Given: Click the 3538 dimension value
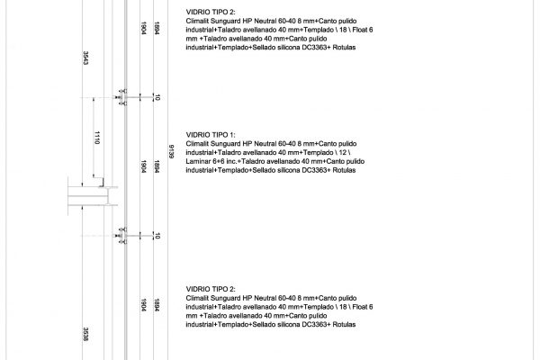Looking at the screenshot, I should (x=83, y=332).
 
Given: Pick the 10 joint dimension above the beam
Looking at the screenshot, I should (x=157, y=96).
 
